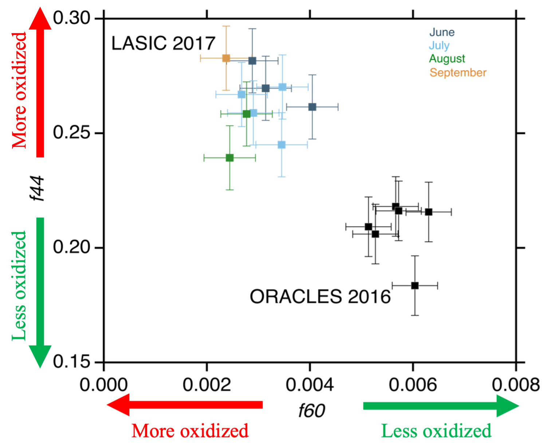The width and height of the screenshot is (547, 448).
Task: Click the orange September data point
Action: point(226,58)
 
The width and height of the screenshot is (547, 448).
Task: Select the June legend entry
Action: point(442,32)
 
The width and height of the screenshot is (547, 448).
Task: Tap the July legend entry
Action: point(439,46)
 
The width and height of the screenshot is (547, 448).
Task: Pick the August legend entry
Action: point(447,59)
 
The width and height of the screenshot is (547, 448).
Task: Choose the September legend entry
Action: point(458,72)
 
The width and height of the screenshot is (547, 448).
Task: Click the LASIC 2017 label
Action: point(163,43)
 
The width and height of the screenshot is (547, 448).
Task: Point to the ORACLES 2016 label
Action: point(320,297)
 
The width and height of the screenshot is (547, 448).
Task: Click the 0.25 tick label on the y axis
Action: point(71,133)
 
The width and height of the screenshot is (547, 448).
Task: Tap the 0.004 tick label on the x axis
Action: point(310,385)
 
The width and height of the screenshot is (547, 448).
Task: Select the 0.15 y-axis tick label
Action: point(71,362)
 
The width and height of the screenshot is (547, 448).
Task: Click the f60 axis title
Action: point(312,410)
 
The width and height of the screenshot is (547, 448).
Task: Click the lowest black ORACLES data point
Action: point(415,286)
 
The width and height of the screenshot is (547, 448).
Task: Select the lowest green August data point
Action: point(229,158)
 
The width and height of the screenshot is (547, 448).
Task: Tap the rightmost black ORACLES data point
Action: point(429,212)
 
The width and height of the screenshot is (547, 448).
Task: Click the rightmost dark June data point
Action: point(312,107)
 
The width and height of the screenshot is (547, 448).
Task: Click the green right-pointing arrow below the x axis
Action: point(441,405)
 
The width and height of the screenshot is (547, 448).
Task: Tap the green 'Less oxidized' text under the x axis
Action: point(436,431)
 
